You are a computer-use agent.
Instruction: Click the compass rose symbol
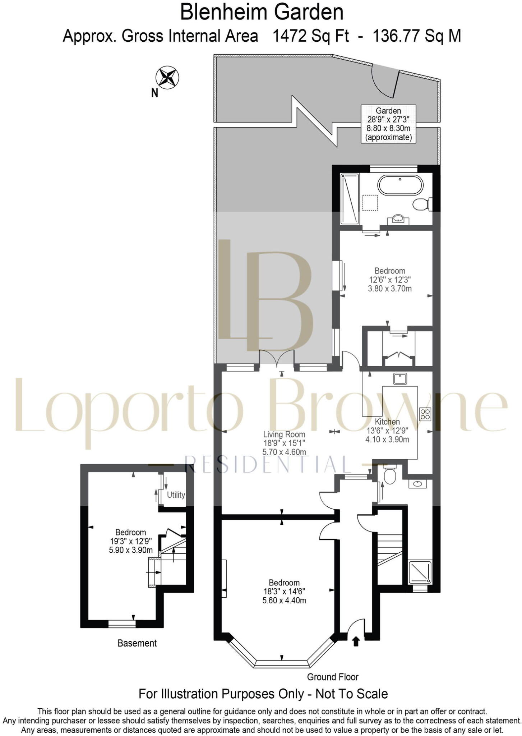click(167, 77)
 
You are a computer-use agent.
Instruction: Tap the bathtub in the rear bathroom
click(400, 185)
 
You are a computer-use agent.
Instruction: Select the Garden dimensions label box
click(388, 124)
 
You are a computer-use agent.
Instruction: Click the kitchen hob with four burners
click(425, 414)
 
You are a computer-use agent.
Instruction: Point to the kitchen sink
click(399, 378)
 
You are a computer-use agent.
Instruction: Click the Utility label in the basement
click(176, 495)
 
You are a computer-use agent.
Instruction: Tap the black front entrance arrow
click(356, 641)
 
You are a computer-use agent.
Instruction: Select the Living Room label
click(284, 434)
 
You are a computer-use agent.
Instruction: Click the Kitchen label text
click(387, 422)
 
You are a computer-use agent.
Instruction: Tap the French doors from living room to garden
click(277, 358)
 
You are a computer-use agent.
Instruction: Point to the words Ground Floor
click(332, 677)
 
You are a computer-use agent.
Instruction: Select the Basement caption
click(137, 643)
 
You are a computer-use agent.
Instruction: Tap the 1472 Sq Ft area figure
click(310, 36)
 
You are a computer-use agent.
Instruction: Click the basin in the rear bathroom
click(398, 218)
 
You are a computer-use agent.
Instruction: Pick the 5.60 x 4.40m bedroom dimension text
click(284, 601)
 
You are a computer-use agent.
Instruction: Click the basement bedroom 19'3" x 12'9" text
click(131, 541)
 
